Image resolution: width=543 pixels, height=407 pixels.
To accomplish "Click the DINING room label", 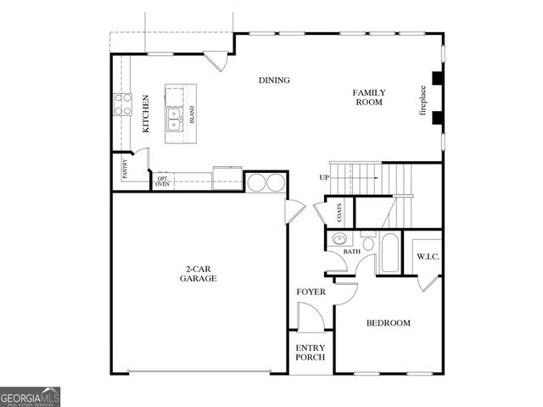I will pos(274,81).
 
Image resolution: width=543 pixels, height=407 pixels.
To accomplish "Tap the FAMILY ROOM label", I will pos(369,97).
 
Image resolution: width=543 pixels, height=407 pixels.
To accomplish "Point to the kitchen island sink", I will pos(174,118).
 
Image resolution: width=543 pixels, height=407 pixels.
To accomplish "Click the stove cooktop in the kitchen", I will pos(123,104).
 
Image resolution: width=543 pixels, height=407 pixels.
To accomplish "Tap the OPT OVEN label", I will pos(162,181).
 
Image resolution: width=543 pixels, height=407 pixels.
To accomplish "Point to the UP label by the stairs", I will pos(324,177).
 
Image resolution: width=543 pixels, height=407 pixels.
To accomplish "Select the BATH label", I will pos(351,252).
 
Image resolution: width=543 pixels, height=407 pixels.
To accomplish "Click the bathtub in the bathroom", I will pos(389,252).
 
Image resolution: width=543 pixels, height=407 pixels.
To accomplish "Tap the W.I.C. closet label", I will pos(427,256).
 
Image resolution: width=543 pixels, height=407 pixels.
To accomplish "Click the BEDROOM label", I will pos(388,323).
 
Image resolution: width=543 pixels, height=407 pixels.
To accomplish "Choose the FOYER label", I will pos(311,293).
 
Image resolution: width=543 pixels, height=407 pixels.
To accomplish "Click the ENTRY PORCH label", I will pos(311,352).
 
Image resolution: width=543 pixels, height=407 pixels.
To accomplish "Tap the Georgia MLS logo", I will pos(30,396).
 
